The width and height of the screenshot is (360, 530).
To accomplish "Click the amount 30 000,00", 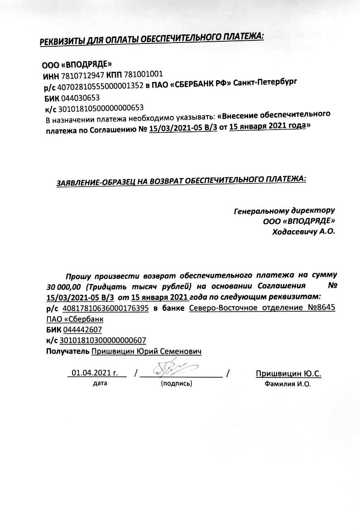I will (x=63, y=287).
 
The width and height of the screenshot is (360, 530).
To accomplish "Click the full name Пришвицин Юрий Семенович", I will (x=146, y=352).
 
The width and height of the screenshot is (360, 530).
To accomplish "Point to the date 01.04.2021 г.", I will (x=94, y=373).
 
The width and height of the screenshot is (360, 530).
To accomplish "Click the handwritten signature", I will (x=172, y=368).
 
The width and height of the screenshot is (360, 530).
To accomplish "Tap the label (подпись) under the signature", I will (x=177, y=384).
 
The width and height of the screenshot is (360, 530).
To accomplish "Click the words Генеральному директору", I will (x=284, y=211).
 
